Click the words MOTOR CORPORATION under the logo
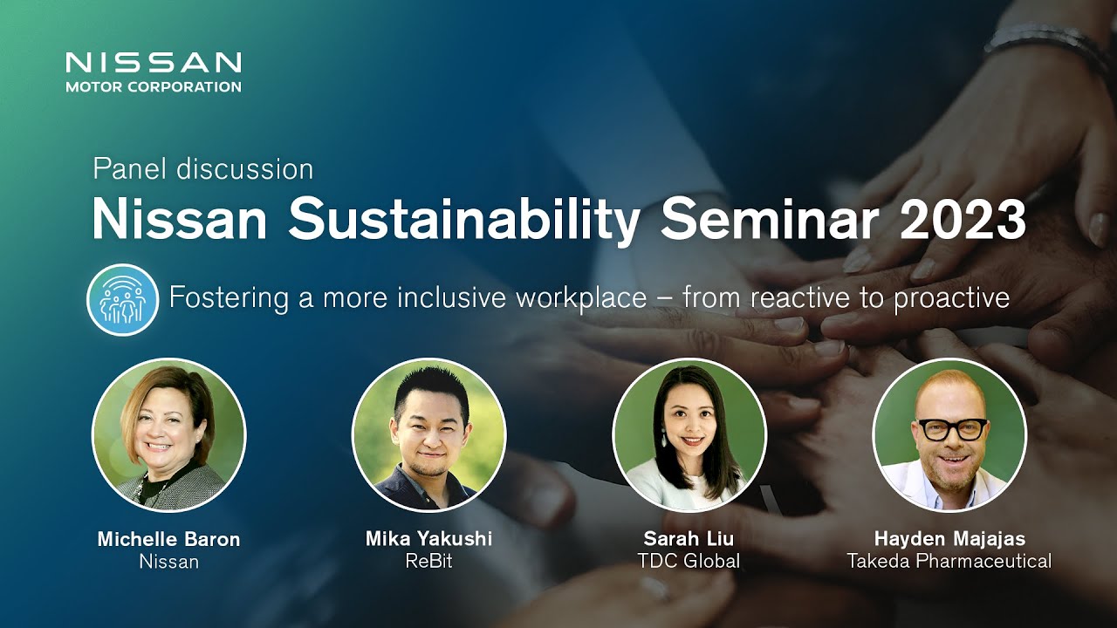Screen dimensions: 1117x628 coord(154,86)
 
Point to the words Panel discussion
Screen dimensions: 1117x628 coord(203,170)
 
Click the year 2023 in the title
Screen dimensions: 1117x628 coord(963,221)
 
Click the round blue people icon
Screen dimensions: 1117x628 coord(123,299)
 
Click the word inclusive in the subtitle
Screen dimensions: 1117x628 coord(452,297)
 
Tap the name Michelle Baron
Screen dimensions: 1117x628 coord(168,539)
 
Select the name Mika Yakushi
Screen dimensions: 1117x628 coord(428,539)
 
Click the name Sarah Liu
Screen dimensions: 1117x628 coord(689,539)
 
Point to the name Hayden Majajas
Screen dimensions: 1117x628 coord(950,539)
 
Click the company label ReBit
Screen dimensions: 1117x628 coord(428,561)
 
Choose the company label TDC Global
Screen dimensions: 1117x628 coord(689,561)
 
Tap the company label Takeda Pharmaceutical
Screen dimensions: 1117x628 coord(949,561)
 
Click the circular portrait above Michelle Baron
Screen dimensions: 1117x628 coord(169,434)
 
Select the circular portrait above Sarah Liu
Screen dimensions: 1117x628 coord(689,434)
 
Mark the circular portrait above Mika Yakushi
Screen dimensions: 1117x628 coord(428,434)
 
